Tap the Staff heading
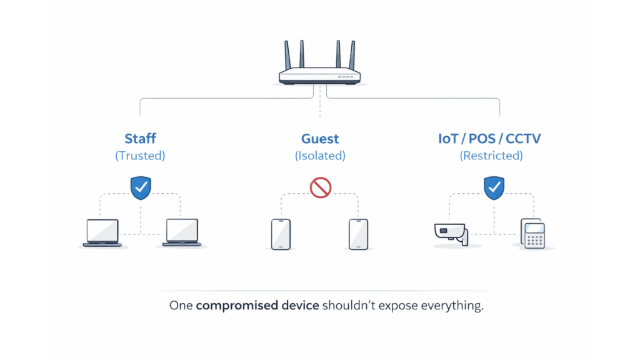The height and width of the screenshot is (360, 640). coord(140,139)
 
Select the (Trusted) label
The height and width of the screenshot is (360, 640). coord(140,156)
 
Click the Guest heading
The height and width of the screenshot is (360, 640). coord(320,139)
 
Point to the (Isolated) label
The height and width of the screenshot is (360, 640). coord(320,156)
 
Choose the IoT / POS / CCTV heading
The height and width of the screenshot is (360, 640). coord(489,139)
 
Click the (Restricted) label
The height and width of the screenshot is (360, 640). coord(491,156)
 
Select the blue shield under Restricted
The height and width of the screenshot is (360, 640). coord(494,187)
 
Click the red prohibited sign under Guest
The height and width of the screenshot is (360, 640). coord(320,187)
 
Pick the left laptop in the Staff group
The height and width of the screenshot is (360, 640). coord(102,232)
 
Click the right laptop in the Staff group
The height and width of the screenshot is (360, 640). coord(182,232)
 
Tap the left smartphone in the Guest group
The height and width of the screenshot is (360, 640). coord(281,234)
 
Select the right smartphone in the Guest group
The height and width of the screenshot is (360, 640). coord(358,234)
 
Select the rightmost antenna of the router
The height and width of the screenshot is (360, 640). coord(352,54)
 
